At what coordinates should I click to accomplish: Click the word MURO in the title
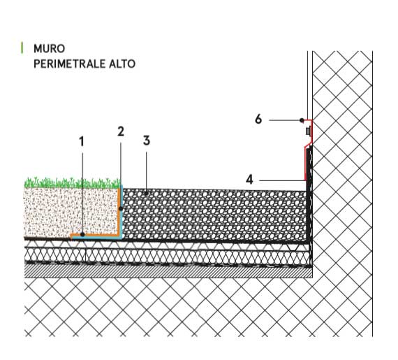click(x=50, y=48)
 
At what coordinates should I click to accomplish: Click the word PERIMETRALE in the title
click(x=70, y=64)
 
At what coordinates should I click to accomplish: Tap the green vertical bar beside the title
click(x=22, y=48)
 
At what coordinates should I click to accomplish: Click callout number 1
click(x=81, y=141)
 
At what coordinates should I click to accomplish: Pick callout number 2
click(x=121, y=131)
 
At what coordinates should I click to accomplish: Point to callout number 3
click(x=147, y=141)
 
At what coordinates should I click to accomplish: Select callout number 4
click(x=249, y=180)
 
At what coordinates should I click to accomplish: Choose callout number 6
click(x=258, y=119)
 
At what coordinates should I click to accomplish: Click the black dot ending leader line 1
click(x=82, y=234)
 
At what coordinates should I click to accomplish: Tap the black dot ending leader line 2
click(x=121, y=209)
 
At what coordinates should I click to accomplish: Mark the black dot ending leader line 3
click(x=146, y=194)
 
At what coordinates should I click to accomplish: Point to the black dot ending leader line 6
click(x=302, y=120)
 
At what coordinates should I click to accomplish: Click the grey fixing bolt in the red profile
click(x=308, y=131)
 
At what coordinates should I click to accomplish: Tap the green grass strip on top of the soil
click(x=73, y=183)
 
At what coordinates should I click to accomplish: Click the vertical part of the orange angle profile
click(x=119, y=211)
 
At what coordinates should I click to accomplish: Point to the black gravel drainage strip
click(x=214, y=215)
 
